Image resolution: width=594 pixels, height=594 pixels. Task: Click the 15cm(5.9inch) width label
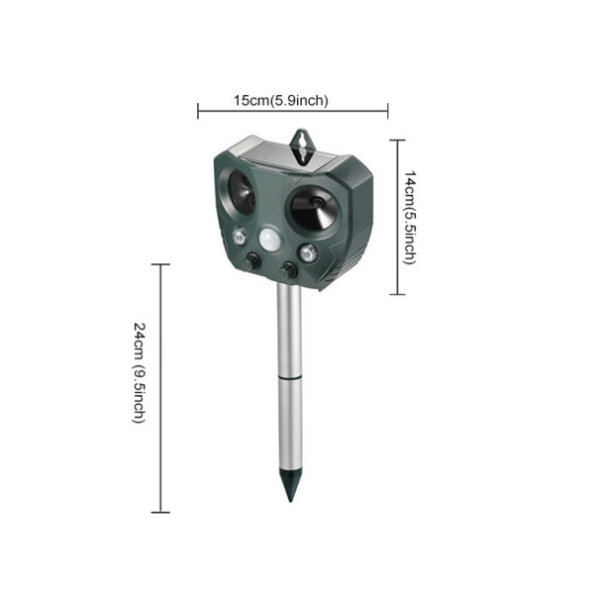[281, 101]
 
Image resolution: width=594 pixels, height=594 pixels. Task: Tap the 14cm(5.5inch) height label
[410, 217]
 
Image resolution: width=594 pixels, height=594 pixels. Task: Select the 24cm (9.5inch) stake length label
[139, 372]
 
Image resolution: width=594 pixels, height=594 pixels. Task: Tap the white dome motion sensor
[270, 241]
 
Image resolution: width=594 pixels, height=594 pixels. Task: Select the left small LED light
[240, 238]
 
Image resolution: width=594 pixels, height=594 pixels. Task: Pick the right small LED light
[308, 252]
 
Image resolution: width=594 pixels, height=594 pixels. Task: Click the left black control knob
[252, 261]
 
